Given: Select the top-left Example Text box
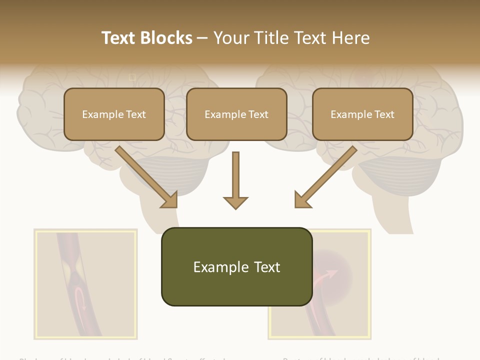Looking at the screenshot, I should click(114, 114).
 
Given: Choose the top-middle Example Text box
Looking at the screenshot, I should click(236, 114).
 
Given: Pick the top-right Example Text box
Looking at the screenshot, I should click(362, 114).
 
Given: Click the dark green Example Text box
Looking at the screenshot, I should click(236, 266).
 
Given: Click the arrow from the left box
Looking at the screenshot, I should click(145, 175).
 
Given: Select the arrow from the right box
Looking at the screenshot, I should click(327, 175).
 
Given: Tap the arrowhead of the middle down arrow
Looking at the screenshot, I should click(235, 202).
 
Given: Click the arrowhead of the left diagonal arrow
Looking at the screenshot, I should click(170, 200).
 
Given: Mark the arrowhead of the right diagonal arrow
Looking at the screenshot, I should click(302, 200).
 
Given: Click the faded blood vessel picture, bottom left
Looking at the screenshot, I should click(85, 283).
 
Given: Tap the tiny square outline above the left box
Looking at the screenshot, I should click(132, 77).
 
